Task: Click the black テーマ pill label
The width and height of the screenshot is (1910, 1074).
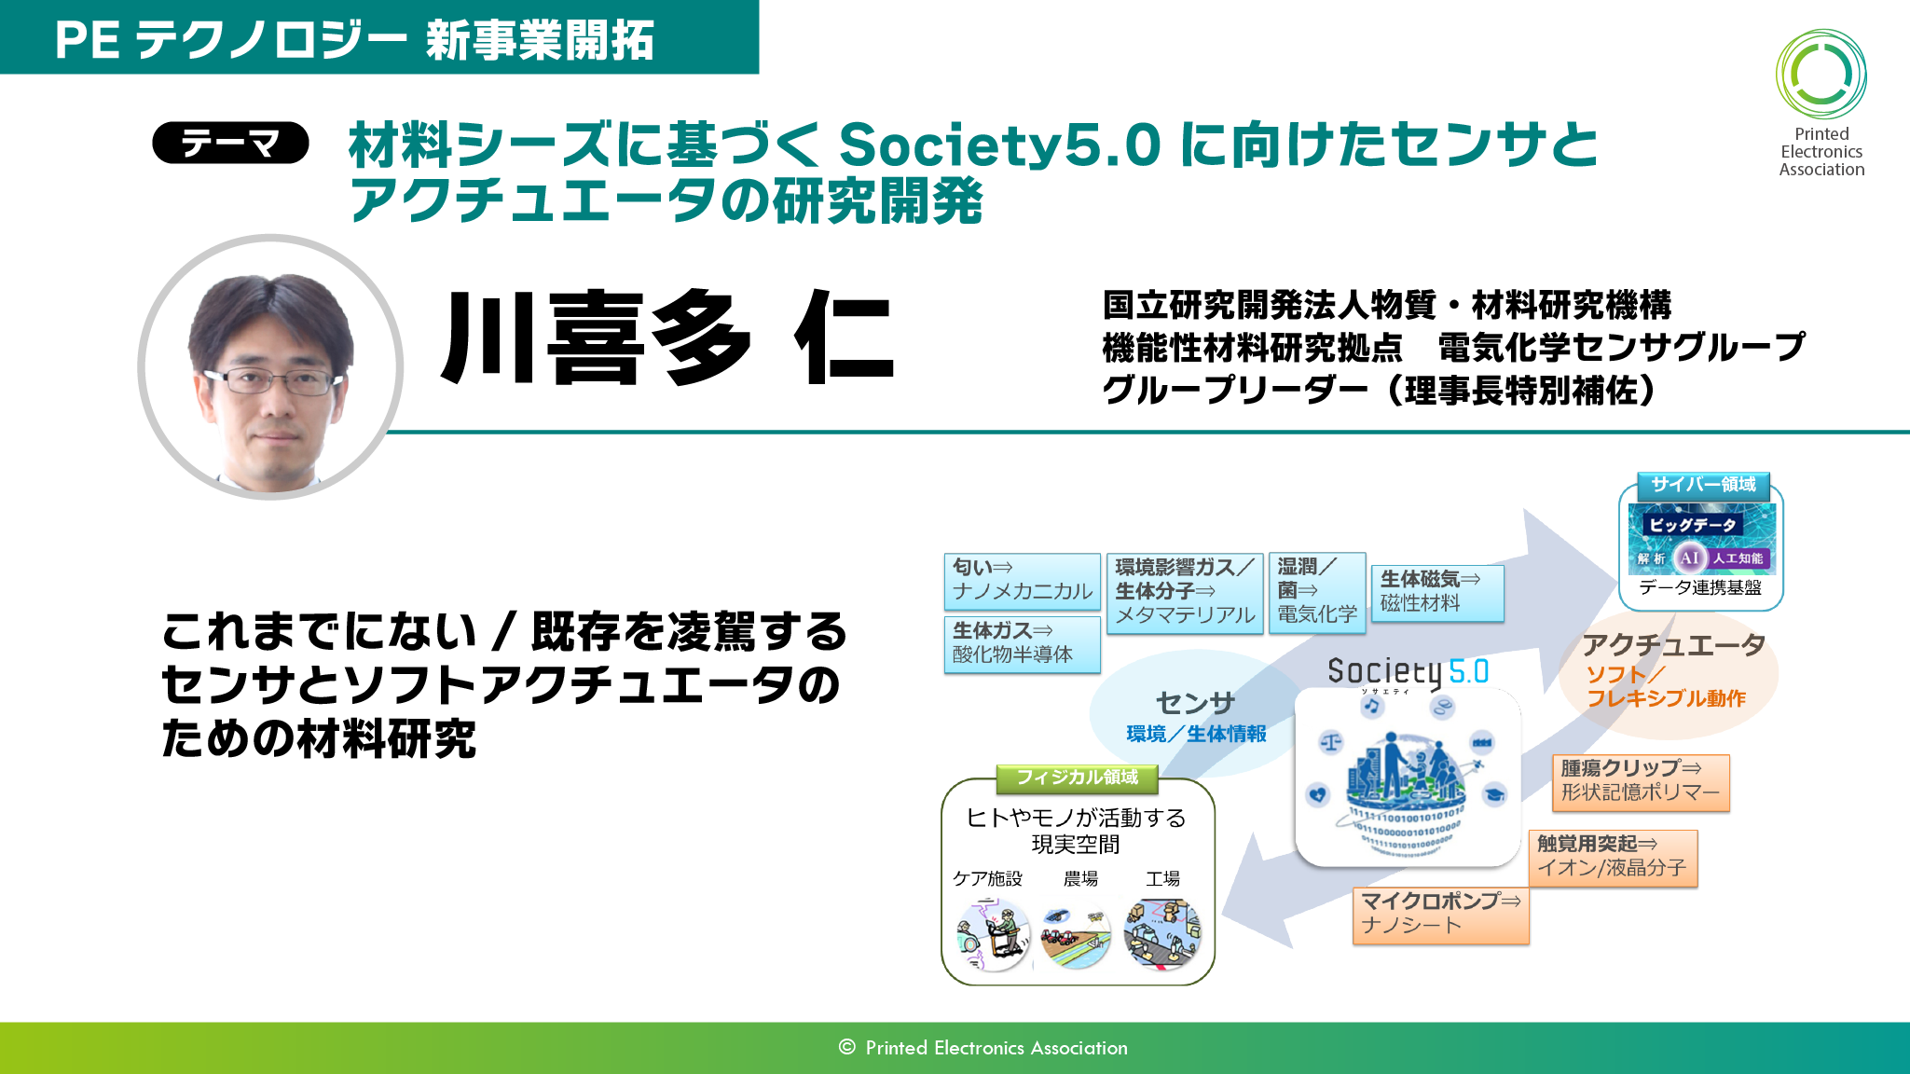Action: [x=230, y=143]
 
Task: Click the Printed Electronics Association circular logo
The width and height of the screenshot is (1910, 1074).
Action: [x=1821, y=75]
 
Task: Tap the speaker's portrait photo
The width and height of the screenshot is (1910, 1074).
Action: [x=271, y=367]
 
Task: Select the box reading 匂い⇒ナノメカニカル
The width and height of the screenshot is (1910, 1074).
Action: [x=1022, y=581]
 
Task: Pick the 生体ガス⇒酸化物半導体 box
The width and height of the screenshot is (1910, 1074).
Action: [x=1022, y=643]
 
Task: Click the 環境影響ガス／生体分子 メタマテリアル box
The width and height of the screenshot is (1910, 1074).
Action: [x=1185, y=592]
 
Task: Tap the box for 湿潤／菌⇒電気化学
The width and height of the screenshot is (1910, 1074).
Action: [x=1317, y=592]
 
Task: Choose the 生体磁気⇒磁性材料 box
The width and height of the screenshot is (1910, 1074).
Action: [x=1437, y=593]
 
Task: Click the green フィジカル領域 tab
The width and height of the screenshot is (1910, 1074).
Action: [x=1077, y=778]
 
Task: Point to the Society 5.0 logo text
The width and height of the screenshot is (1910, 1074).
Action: [x=1408, y=671]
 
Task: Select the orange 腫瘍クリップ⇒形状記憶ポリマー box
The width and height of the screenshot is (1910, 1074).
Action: [x=1641, y=782]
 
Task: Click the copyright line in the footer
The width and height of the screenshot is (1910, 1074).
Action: [x=982, y=1048]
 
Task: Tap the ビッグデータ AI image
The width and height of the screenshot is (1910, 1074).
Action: [x=1701, y=538]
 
